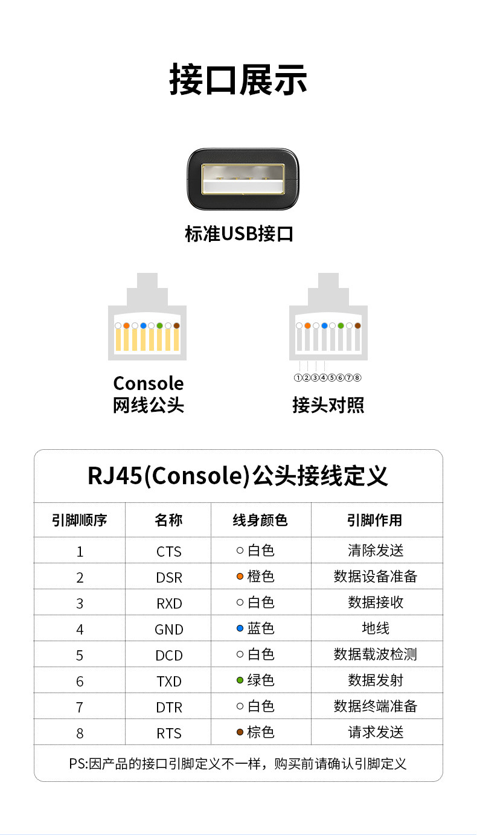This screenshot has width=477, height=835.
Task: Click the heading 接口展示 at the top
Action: click(x=238, y=80)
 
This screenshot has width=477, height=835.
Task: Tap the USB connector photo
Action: click(x=243, y=179)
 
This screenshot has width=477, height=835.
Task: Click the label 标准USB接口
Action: click(x=239, y=234)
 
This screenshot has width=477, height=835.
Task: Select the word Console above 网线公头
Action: click(x=149, y=383)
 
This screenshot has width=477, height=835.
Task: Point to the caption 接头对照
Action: click(x=328, y=405)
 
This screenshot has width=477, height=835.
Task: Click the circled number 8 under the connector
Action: click(x=357, y=378)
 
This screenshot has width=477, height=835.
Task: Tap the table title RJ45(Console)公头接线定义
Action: click(x=238, y=476)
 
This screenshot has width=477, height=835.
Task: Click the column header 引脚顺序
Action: click(x=80, y=520)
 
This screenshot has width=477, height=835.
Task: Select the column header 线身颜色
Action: click(x=260, y=520)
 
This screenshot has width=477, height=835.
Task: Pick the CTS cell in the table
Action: click(x=168, y=551)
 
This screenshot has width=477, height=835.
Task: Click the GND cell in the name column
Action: click(x=168, y=629)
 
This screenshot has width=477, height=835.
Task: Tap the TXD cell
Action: click(x=168, y=681)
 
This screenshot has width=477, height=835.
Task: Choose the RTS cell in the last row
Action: click(x=168, y=733)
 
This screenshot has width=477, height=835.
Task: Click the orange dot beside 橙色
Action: click(x=240, y=577)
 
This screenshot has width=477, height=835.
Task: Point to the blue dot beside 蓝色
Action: click(x=240, y=629)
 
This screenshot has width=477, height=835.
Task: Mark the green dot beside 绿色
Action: click(x=240, y=680)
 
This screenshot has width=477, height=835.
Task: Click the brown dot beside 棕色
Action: click(x=240, y=732)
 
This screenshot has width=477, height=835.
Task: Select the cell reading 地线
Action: click(x=376, y=629)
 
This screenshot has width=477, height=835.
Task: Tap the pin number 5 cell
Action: click(x=80, y=655)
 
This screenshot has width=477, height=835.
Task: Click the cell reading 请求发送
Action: click(x=376, y=732)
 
